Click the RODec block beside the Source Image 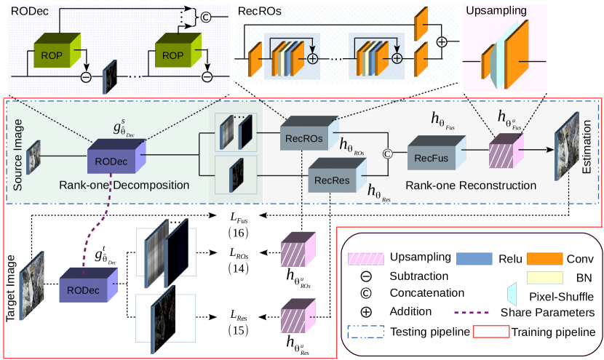point(115,158)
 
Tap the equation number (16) point(239,233)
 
